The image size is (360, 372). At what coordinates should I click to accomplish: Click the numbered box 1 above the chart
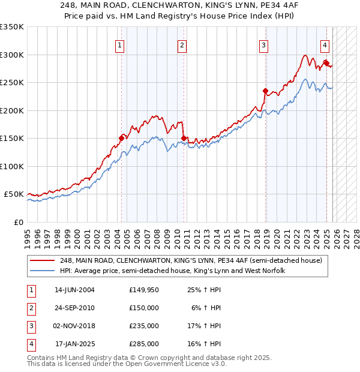point(120,44)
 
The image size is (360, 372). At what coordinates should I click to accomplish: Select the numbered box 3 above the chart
point(263,44)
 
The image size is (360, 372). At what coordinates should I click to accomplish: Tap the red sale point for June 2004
point(122,138)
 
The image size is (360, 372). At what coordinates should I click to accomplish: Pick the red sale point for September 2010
point(184,138)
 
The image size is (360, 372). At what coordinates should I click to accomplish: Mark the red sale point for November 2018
point(265,91)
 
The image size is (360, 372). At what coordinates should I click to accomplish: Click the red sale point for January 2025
point(326,63)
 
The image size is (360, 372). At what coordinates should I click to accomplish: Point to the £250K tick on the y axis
point(12,83)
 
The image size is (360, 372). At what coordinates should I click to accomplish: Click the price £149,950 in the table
point(143,290)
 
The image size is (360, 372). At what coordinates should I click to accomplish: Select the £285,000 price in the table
point(143,344)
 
